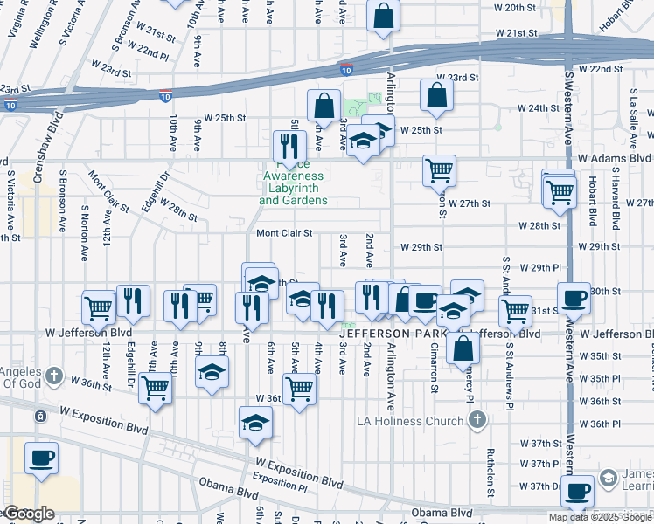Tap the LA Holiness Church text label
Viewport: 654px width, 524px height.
pyautogui.click(x=410, y=422)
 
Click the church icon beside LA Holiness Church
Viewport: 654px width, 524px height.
pyautogui.click(x=477, y=421)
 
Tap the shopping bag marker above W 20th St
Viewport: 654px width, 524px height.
pyautogui.click(x=383, y=16)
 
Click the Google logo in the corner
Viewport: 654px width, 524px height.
pyautogui.click(x=28, y=514)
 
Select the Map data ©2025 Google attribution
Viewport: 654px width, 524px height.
pyautogui.click(x=600, y=517)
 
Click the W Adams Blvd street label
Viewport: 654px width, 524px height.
pyautogui.click(x=614, y=158)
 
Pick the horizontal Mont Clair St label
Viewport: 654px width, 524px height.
pyautogui.click(x=284, y=233)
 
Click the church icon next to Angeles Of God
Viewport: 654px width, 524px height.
pyautogui.click(x=54, y=376)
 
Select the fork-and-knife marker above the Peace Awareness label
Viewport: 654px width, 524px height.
pyautogui.click(x=286, y=144)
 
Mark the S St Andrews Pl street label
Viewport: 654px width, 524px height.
pyautogui.click(x=506, y=279)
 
